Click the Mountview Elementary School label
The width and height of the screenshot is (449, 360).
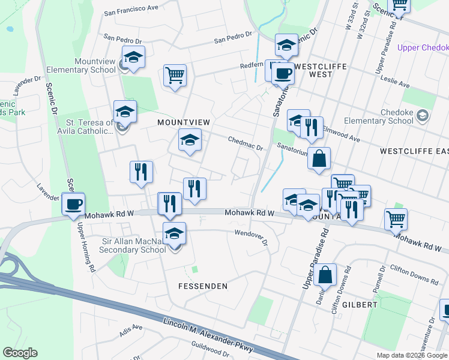(95, 65)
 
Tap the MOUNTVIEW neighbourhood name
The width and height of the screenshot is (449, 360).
(183, 122)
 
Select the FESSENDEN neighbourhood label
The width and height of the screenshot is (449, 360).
(203, 286)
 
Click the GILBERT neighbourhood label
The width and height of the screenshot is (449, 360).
(361, 304)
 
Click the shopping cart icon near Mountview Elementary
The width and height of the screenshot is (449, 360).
(175, 76)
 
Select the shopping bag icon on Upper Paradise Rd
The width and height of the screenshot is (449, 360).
(325, 275)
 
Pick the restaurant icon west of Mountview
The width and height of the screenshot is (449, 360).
(142, 172)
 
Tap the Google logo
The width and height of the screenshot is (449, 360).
(20, 353)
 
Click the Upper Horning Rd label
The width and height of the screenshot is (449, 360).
(86, 246)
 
